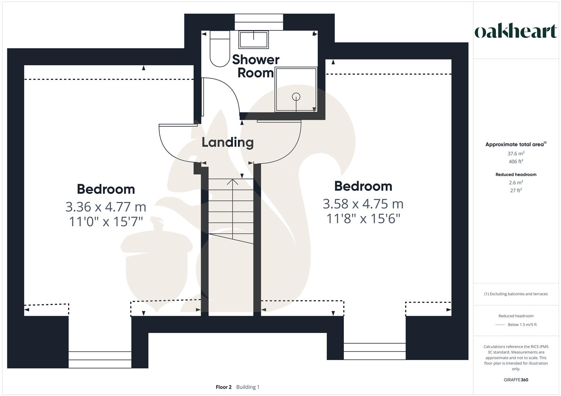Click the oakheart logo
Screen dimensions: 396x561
click(515, 32)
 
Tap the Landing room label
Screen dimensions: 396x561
click(227, 142)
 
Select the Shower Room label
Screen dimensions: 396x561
click(256, 66)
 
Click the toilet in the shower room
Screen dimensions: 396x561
click(220, 49)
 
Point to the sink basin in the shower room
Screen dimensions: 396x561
click(253, 39)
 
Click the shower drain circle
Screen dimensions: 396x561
click(296, 97)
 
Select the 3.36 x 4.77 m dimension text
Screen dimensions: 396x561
click(106, 207)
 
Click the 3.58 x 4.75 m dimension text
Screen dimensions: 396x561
click(363, 204)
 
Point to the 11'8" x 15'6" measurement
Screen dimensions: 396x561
click(363, 219)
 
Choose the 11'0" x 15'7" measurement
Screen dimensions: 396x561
click(106, 222)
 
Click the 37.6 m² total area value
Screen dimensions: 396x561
click(516, 154)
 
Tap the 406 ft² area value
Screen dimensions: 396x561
click(516, 162)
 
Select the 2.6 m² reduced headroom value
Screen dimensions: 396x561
click(516, 183)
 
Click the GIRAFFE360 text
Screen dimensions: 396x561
click(516, 380)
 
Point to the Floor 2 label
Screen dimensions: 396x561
click(223, 387)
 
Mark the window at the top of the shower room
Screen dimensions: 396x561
click(259, 22)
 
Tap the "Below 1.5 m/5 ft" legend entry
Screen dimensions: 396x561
click(522, 325)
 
